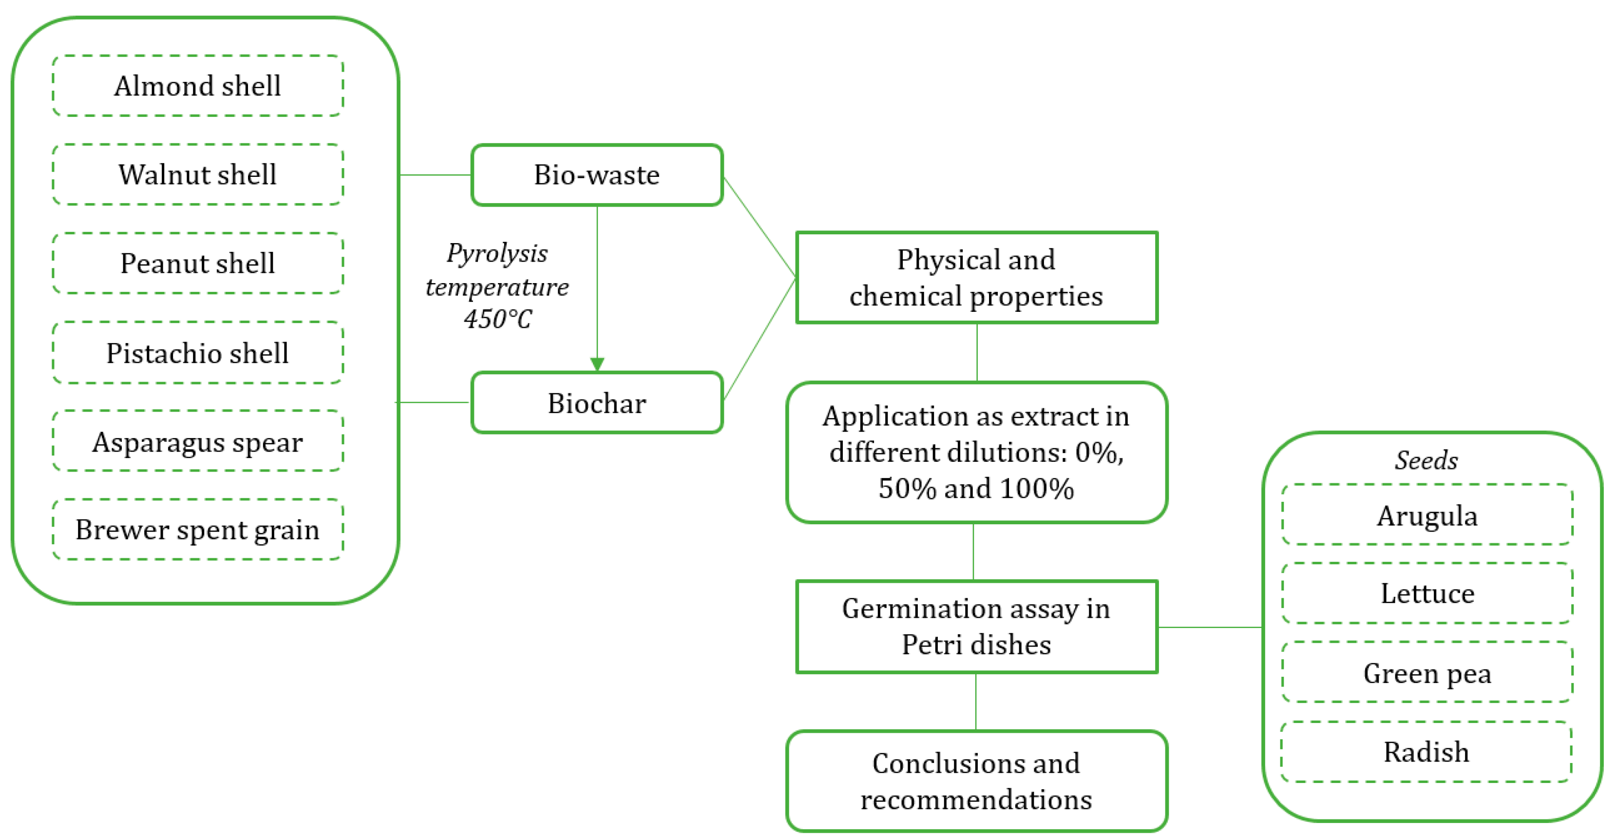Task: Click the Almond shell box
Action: click(x=197, y=86)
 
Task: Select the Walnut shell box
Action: click(x=197, y=174)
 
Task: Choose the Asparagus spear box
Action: click(x=197, y=441)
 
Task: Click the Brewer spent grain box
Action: click(x=197, y=530)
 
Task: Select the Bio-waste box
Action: click(x=597, y=175)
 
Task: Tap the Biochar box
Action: click(x=597, y=402)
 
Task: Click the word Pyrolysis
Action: click(x=497, y=253)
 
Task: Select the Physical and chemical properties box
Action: click(x=976, y=278)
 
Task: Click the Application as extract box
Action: click(x=976, y=452)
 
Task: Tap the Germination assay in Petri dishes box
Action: click(x=976, y=627)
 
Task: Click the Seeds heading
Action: click(x=1426, y=461)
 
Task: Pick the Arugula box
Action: click(x=1427, y=515)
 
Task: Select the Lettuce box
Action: click(x=1427, y=593)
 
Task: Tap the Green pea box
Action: click(x=1427, y=673)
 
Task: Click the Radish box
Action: click(x=1426, y=752)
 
